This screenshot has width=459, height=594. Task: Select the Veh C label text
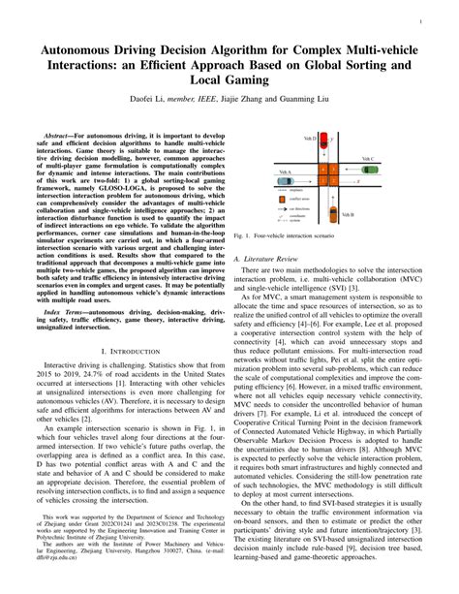click(372, 159)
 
